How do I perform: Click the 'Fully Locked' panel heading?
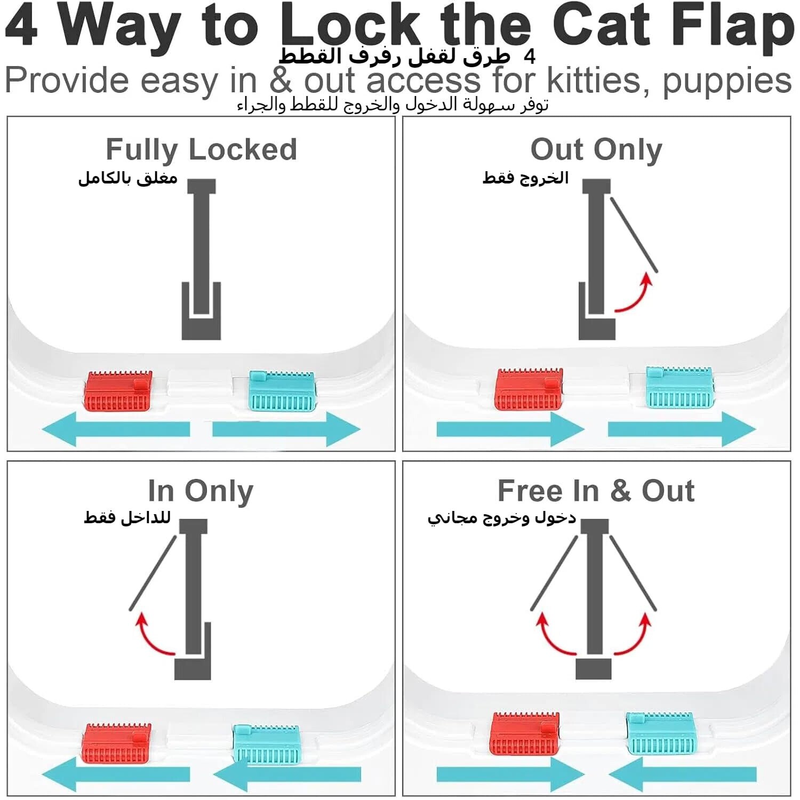201,149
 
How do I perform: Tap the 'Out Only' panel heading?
596,149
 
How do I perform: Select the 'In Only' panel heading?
201,491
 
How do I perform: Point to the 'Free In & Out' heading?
596,491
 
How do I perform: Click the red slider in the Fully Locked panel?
118,391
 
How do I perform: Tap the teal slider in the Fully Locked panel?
283,391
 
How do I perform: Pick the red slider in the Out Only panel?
529,389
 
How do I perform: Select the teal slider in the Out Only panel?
679,388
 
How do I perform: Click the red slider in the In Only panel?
117,743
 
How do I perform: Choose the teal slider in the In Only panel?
267,744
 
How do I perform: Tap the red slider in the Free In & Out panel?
525,734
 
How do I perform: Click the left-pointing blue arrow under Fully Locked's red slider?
116,429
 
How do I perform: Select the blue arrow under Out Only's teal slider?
682,429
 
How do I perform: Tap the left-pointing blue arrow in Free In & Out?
682,774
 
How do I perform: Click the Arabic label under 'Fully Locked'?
128,178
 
